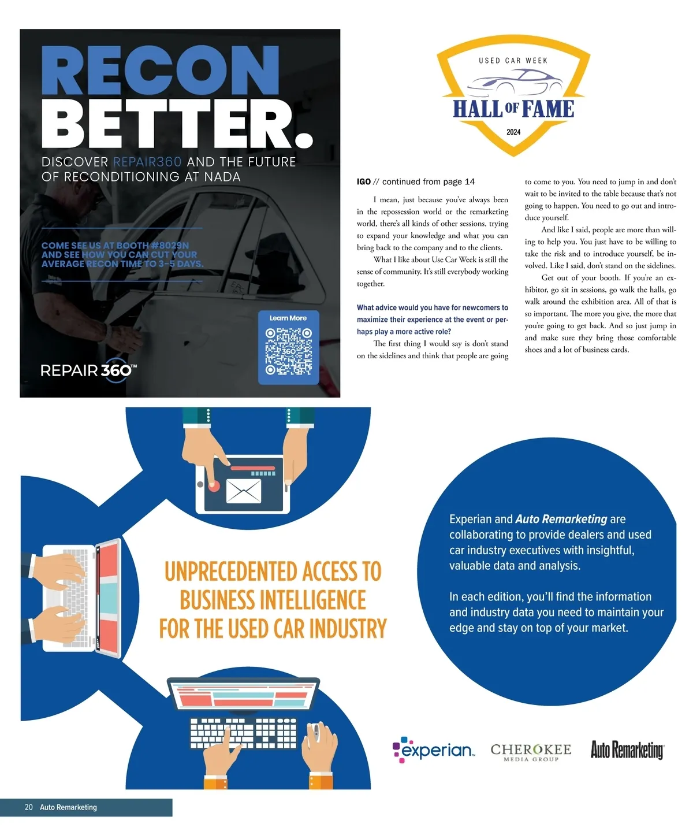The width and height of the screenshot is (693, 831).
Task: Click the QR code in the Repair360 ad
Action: [288, 351]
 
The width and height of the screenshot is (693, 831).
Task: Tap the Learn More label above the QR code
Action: [288, 318]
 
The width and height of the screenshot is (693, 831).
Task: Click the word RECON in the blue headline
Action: [160, 72]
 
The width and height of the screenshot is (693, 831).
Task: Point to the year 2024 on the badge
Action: [513, 132]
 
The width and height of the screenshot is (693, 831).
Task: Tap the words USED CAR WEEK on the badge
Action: [513, 60]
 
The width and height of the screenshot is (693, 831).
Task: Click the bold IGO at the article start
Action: [364, 181]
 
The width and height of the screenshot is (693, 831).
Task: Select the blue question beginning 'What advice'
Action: [432, 320]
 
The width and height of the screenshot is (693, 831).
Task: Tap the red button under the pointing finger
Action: [214, 485]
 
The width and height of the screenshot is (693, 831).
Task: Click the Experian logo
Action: [434, 750]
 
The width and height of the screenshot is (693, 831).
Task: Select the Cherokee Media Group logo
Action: [530, 752]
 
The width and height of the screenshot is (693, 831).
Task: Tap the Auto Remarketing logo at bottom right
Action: [627, 750]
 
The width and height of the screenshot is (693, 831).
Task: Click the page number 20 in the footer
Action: [29, 807]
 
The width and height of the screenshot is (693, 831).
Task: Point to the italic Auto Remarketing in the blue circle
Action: [561, 519]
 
